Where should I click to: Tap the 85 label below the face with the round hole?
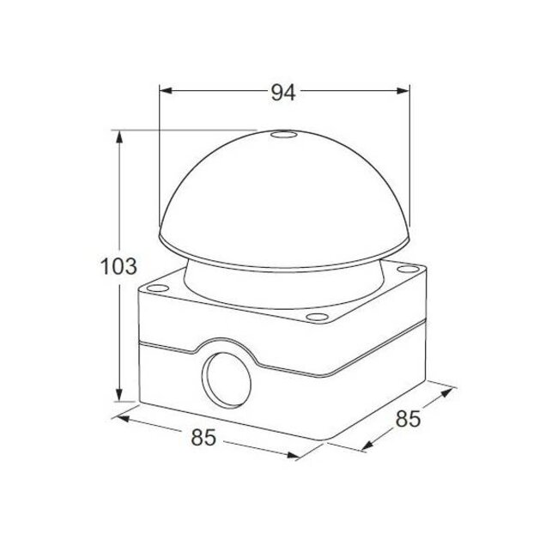click(202, 438)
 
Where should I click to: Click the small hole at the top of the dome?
click(280, 135)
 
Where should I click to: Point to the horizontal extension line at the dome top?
click(189, 130)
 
